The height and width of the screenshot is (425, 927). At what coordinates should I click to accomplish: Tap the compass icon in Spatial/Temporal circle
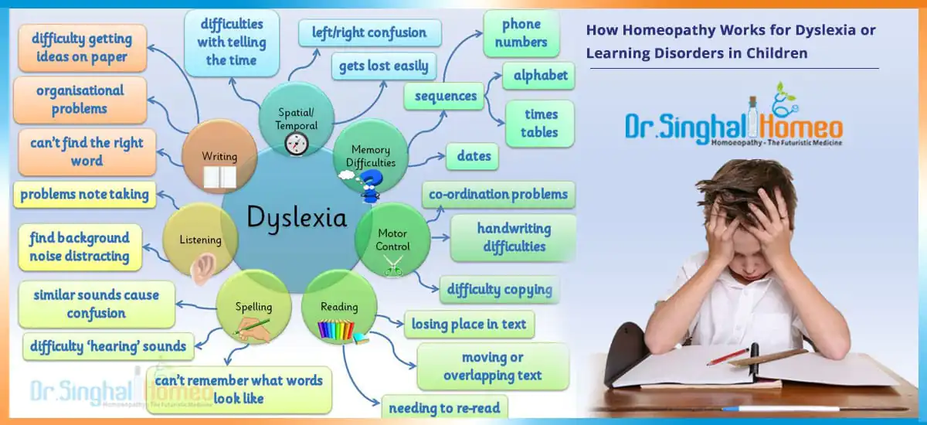point(297,144)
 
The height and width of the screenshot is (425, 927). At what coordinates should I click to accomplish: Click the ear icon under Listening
point(202,269)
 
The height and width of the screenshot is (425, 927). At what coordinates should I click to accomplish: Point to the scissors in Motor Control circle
point(392,266)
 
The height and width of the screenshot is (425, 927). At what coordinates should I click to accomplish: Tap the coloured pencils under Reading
point(336,330)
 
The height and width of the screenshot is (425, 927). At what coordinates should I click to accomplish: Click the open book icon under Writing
point(219,178)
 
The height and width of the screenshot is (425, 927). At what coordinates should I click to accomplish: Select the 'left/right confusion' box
point(369,32)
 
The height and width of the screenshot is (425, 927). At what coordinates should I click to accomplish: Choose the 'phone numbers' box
point(521,33)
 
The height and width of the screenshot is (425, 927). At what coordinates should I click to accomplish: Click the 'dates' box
point(472,156)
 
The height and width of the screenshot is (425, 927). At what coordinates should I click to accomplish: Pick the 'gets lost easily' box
point(384,66)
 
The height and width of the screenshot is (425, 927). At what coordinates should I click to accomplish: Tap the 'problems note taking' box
point(84,195)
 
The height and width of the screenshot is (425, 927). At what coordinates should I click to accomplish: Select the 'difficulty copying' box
point(500,289)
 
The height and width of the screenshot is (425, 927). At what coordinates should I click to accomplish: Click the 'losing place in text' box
point(469,324)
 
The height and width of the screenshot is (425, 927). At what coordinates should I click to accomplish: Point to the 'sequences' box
point(444,96)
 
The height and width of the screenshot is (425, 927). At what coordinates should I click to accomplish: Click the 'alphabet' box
point(539,76)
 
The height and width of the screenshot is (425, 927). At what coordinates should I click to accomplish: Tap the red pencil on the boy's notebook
point(727,356)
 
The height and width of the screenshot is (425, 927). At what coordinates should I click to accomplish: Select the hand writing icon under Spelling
point(253,330)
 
